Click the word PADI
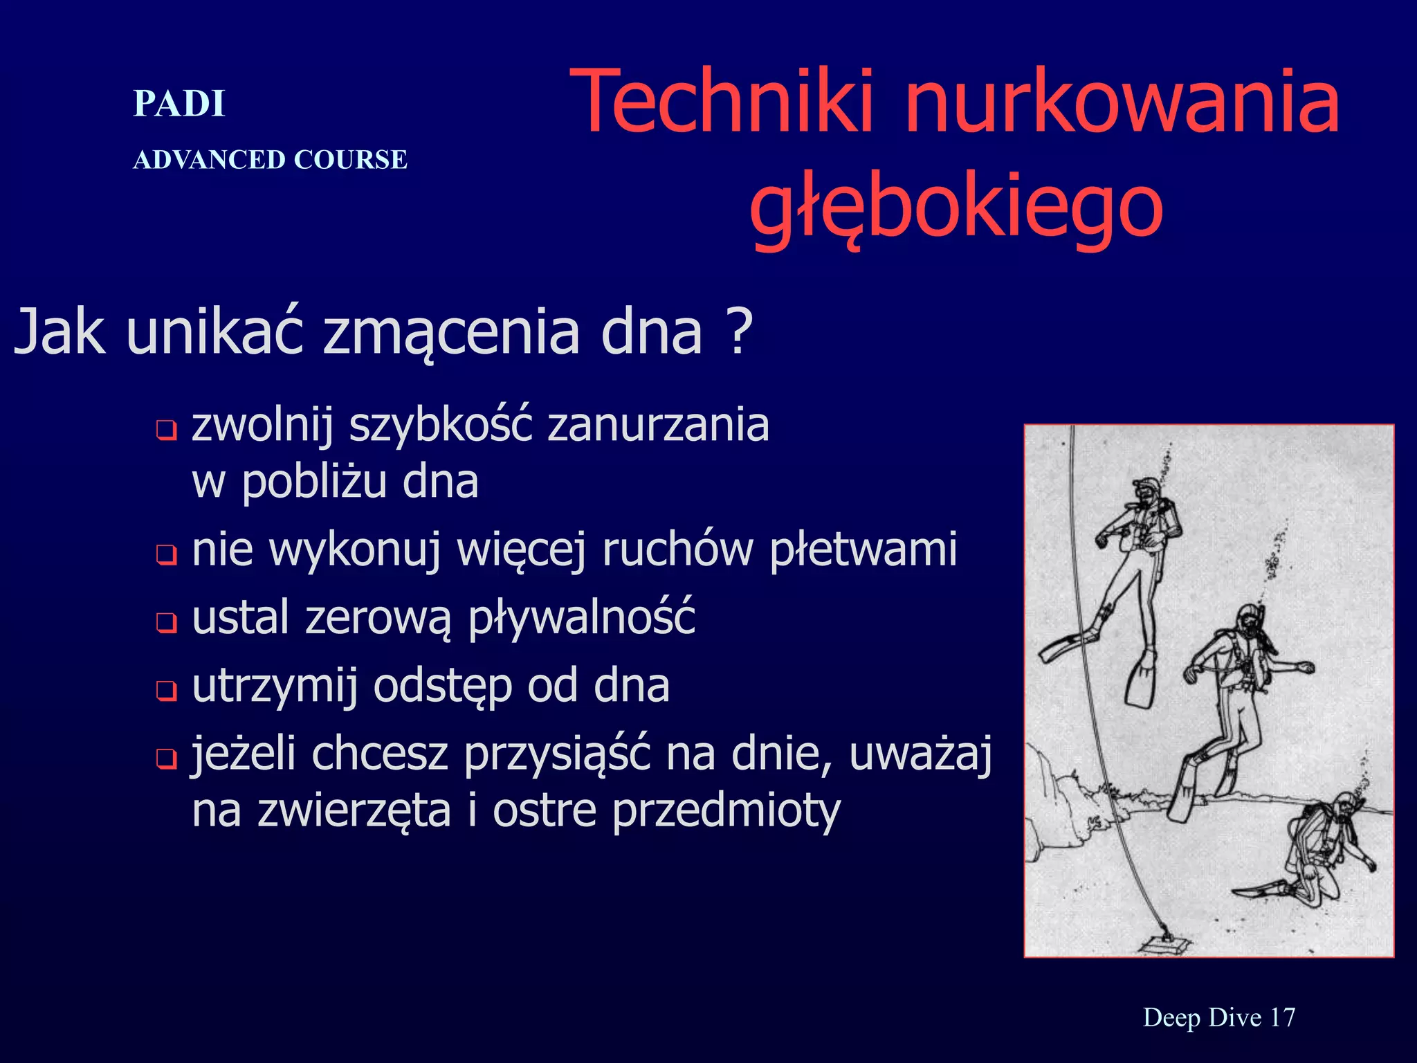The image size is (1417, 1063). click(x=179, y=105)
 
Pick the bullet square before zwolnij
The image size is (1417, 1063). click(x=166, y=431)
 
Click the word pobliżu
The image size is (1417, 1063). click(x=313, y=482)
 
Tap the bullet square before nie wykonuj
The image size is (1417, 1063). click(x=166, y=554)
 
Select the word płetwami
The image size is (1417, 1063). click(x=863, y=550)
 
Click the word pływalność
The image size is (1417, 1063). click(x=582, y=618)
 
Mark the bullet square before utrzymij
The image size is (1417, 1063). click(x=166, y=690)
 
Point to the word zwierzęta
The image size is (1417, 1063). click(x=354, y=811)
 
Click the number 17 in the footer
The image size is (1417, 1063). click(x=1282, y=1017)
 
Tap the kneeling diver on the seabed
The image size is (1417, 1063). click(x=1318, y=858)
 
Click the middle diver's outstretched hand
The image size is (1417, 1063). click(x=1306, y=668)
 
